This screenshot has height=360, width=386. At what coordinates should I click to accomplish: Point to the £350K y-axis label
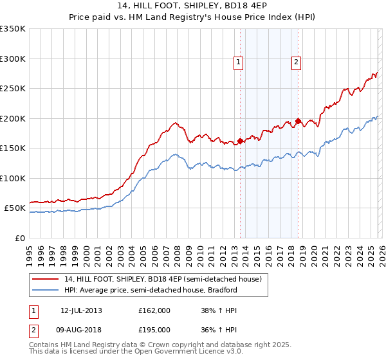point(13,29)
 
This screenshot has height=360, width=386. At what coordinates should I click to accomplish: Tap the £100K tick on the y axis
point(13,178)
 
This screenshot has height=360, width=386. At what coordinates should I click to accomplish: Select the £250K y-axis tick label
point(13,89)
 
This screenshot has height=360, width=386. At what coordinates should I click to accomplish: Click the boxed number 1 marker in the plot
point(238,62)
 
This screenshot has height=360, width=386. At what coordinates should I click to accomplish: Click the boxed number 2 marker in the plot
point(296,62)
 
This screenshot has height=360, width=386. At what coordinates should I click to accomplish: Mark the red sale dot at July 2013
point(241,141)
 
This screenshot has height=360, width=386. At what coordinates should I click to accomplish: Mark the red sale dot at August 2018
point(299,121)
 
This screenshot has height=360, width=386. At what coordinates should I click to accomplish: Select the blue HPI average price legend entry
point(151,291)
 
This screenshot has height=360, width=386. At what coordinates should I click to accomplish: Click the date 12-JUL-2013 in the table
point(81,310)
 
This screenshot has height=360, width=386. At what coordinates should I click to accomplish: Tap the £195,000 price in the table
point(154,329)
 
